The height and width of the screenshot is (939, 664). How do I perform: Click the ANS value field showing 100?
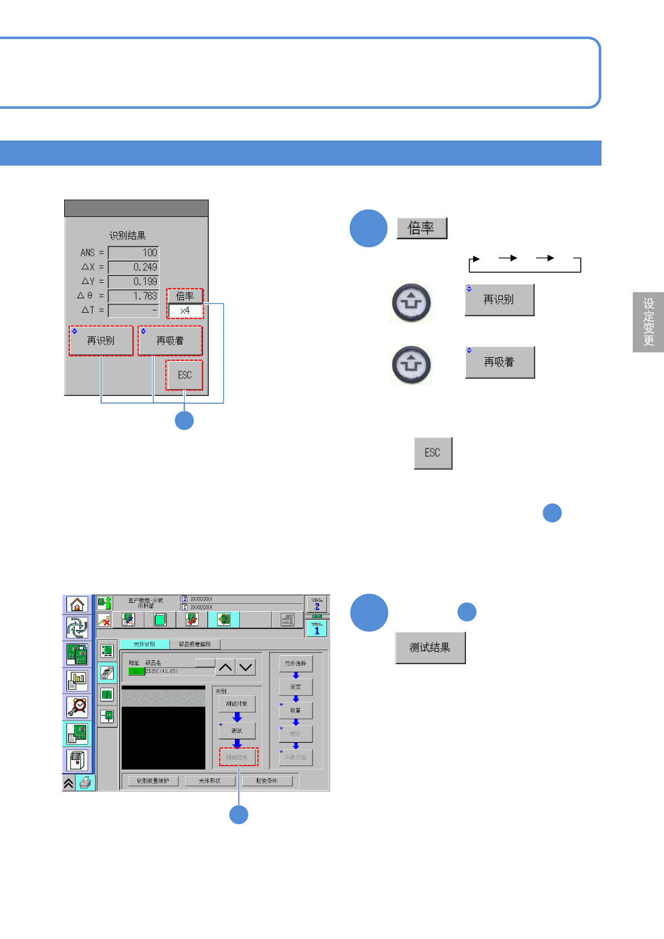(133, 253)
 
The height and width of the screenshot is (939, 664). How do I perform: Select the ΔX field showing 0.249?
(133, 267)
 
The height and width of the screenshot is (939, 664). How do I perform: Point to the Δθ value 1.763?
(133, 296)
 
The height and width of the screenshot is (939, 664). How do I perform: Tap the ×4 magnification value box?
(185, 311)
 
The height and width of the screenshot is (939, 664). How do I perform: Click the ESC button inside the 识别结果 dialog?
(185, 375)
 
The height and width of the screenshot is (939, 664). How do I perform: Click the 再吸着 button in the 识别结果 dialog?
(170, 341)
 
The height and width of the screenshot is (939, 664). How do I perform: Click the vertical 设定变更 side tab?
(648, 322)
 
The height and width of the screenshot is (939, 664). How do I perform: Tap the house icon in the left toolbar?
(77, 604)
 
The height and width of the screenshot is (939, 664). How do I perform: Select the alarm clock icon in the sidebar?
(77, 707)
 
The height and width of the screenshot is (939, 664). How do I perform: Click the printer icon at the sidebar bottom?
(85, 783)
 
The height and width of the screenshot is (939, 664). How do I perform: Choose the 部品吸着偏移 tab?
(195, 645)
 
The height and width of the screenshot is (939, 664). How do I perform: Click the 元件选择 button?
(296, 664)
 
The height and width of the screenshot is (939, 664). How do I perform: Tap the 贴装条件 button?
(267, 781)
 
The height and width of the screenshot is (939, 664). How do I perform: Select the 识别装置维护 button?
(153, 781)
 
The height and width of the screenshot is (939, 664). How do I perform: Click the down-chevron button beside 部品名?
(246, 667)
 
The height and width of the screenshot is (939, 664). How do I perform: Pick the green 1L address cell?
(136, 671)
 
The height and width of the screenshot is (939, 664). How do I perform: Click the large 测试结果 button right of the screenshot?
(430, 648)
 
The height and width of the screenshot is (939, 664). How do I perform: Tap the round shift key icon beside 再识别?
(411, 303)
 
